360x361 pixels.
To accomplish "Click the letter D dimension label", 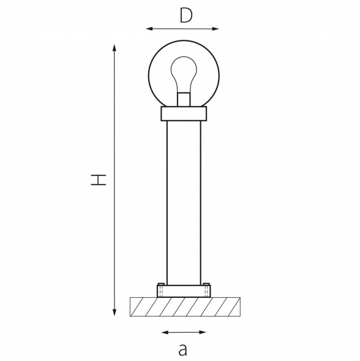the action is coord(186,16).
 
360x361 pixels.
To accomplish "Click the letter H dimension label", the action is coord(99,180).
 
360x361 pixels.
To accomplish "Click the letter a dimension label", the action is coord(183,350).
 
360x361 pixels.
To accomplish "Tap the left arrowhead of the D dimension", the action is coord(149,29).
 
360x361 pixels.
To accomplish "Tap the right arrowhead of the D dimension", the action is coord(216,29).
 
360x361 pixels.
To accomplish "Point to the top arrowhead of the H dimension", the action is coord(114,48).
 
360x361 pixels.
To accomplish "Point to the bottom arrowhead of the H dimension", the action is coord(114,312).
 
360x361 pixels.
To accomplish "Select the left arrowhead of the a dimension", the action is coord(165,332).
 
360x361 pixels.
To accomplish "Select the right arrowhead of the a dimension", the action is coord(202,332).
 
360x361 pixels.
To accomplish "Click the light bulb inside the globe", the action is coord(184,74).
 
